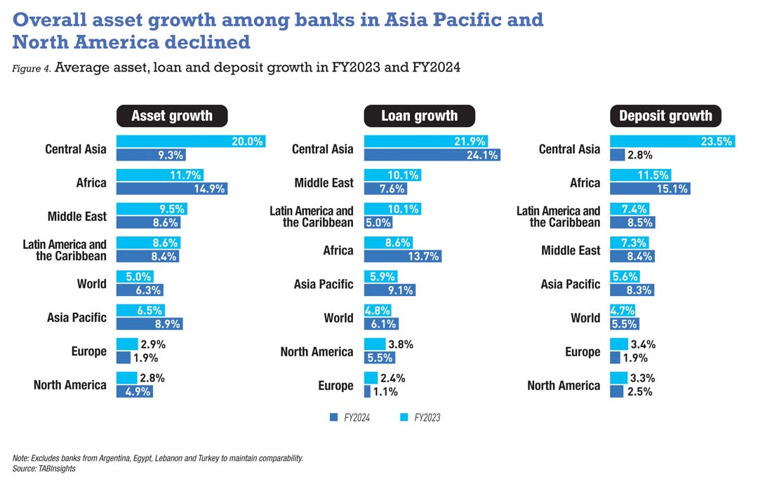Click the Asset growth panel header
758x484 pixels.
tap(171, 116)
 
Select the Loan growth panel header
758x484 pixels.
tap(419, 116)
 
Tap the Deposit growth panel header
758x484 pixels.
tap(665, 116)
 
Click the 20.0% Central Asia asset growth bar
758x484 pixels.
tap(191, 141)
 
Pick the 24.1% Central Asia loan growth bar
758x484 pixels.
tap(432, 155)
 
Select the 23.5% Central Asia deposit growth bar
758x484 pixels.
tap(672, 141)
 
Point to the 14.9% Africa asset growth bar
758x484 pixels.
tap(172, 189)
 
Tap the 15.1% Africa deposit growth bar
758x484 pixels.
tap(650, 189)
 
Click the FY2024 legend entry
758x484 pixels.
tap(350, 418)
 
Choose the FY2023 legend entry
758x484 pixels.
tap(420, 418)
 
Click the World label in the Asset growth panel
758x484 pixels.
tap(92, 284)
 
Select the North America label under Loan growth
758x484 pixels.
tap(317, 351)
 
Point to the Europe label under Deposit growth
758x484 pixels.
tap(583, 351)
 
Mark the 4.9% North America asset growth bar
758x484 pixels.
tap(135, 391)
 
